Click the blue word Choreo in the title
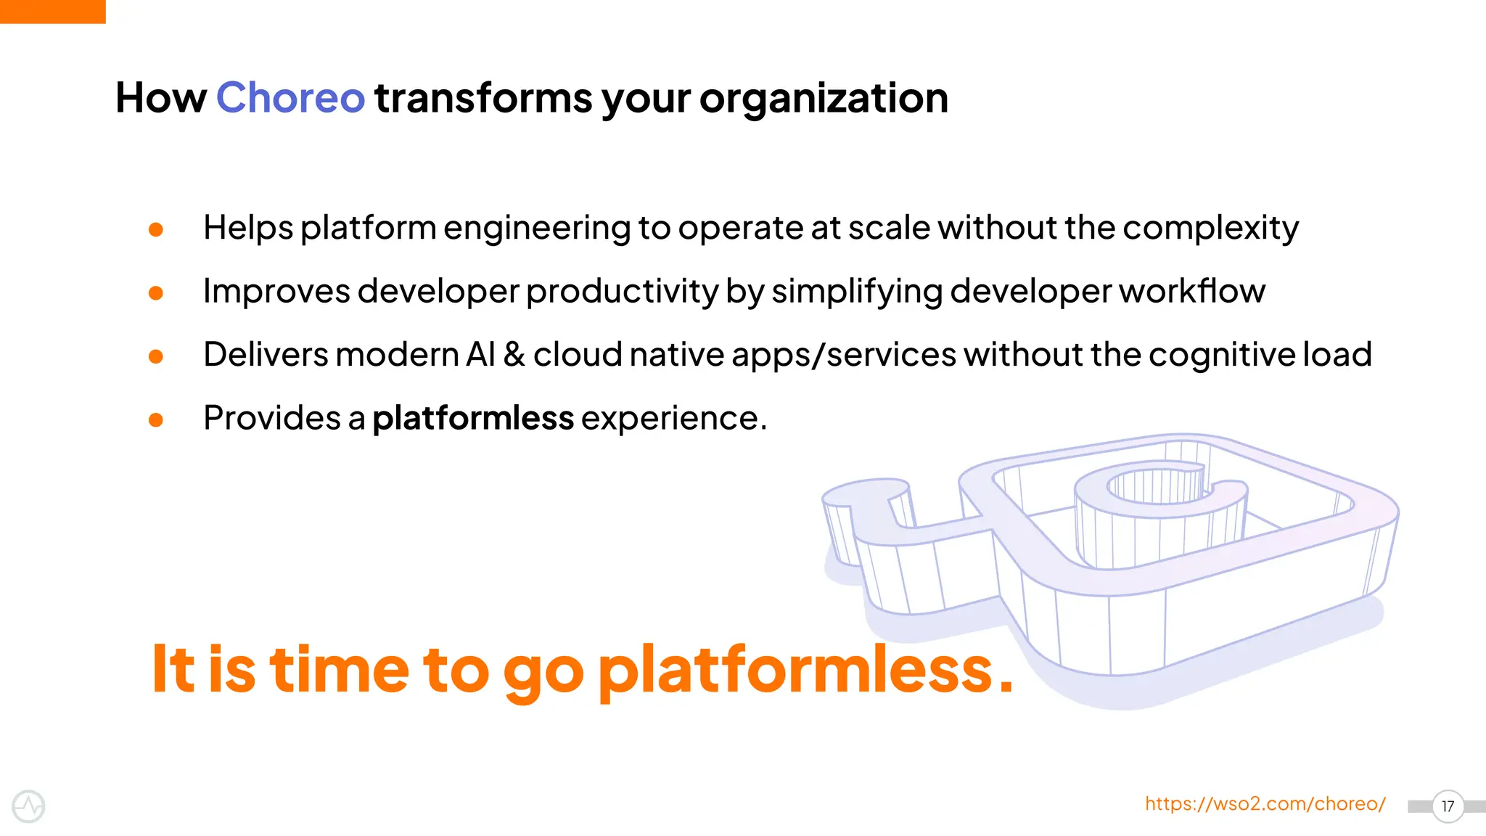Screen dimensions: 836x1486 point(290,98)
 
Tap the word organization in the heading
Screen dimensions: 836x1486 point(824,98)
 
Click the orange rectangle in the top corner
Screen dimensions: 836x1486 point(52,11)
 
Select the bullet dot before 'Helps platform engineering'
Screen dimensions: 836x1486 point(155,230)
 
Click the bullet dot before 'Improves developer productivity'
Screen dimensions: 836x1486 point(155,293)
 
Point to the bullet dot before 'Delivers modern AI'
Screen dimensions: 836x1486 point(155,356)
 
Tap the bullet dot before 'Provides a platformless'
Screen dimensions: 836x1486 point(155,419)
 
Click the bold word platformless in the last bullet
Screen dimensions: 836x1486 point(473,418)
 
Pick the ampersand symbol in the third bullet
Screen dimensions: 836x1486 point(514,355)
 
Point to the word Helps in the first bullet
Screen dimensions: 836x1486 point(248,229)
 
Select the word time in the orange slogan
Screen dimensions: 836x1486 point(339,669)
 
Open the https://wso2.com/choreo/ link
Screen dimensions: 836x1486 point(1265,804)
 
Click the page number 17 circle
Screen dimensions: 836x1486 point(1448,806)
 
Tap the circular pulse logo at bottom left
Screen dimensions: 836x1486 point(29,806)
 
